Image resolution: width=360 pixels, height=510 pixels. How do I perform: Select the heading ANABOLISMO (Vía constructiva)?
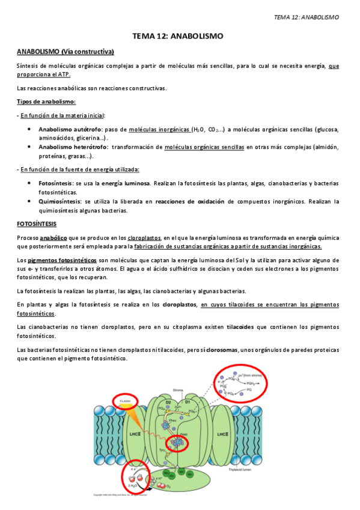pyautogui.click(x=66, y=52)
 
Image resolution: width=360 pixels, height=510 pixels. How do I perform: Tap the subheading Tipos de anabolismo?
pyautogui.click(x=46, y=102)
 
